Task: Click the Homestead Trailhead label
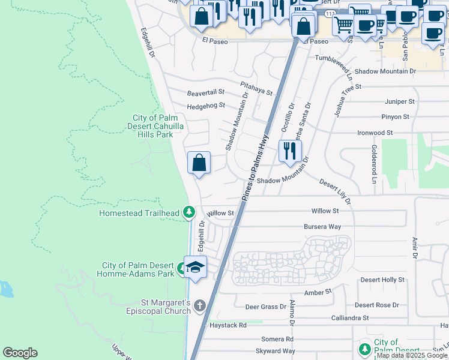[139, 213]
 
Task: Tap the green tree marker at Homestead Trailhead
[189, 212]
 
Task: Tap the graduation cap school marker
[195, 267]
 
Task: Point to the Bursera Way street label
[322, 227]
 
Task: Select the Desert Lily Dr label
[335, 190]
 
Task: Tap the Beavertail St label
[205, 92]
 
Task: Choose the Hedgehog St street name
[205, 105]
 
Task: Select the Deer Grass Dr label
[266, 307]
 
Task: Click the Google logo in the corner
[20, 353]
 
